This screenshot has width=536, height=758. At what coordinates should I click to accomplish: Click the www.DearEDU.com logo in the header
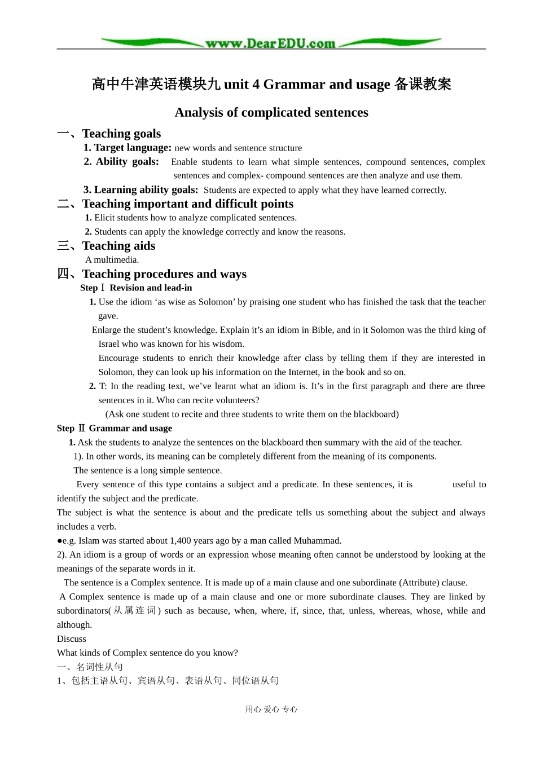[270, 43]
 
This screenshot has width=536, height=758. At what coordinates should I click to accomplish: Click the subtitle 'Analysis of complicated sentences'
[271, 112]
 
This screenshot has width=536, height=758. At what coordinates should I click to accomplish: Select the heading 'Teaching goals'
[121, 134]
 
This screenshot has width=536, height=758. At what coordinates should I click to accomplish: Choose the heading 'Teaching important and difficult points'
[188, 204]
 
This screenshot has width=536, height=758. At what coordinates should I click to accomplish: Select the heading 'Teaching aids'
[118, 246]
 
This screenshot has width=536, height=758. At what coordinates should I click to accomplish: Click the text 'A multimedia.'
[112, 260]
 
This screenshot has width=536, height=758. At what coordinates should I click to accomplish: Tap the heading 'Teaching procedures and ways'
[164, 274]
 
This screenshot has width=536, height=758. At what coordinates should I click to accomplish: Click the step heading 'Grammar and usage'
[130, 428]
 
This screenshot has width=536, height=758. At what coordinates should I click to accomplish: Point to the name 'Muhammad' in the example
[319, 540]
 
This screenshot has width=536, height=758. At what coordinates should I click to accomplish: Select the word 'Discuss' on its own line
[72, 639]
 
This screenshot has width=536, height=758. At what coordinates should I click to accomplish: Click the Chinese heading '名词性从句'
[100, 667]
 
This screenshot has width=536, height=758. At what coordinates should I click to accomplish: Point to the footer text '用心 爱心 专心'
[271, 709]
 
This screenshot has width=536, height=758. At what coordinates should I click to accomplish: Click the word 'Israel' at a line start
[109, 344]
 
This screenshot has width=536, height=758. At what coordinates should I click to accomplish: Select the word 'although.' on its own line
[74, 625]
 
